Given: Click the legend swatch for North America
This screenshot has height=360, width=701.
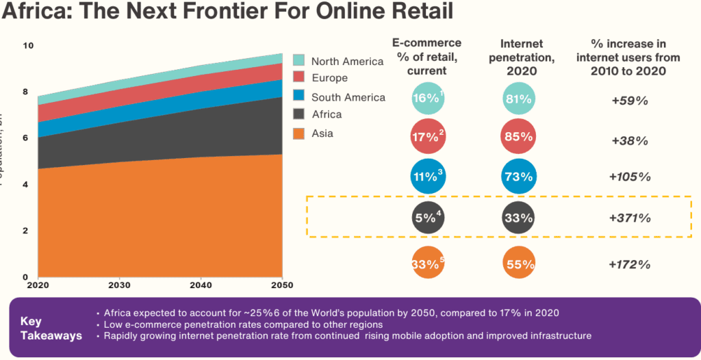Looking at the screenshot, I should coord(298,60).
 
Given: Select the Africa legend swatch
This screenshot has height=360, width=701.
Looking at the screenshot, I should coord(298,114).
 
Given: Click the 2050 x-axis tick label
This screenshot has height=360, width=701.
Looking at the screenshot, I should coord(281,284).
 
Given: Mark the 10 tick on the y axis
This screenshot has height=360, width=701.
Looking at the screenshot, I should coord(28,46).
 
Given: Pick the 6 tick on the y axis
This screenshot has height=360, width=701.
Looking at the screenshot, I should coord(25,138).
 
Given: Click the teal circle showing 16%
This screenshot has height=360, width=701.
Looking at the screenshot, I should coord(428,99).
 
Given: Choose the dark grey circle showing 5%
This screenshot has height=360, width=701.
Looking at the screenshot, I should coord(428,218).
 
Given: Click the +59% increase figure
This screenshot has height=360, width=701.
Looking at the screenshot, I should coord(630,100).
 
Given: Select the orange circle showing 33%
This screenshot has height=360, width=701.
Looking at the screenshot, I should coord(428,264).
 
